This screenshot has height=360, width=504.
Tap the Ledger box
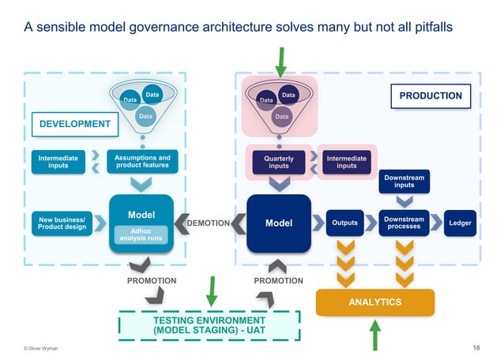pos(461,223)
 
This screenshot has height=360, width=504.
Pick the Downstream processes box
pos(404,223)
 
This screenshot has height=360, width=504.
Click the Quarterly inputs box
pos(279,163)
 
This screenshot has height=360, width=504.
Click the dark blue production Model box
pos(278,223)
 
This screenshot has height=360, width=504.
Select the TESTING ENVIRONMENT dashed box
pos(209,325)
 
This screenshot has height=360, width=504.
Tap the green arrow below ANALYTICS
pos(377,336)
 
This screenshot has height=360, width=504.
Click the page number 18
pos(476,348)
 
